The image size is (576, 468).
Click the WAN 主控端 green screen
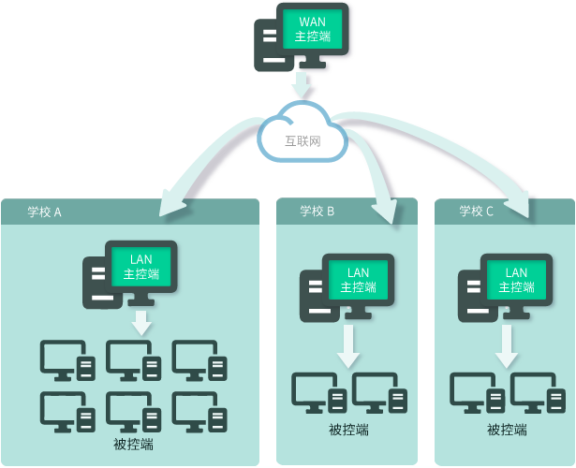tap(313, 29)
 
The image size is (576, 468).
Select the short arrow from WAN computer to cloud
tap(302, 86)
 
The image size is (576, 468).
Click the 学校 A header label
tap(44, 212)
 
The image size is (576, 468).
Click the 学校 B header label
tap(318, 211)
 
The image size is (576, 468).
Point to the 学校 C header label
tap(476, 211)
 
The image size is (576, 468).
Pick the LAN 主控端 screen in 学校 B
tap(358, 279)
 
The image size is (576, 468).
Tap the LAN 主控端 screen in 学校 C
tap(516, 279)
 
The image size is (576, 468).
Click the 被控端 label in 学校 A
tap(132, 443)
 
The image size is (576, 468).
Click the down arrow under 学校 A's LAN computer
tap(141, 323)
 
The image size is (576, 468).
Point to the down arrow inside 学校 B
tap(348, 346)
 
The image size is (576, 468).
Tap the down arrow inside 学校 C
tap(507, 346)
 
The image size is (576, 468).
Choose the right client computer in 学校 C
tap(539, 394)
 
